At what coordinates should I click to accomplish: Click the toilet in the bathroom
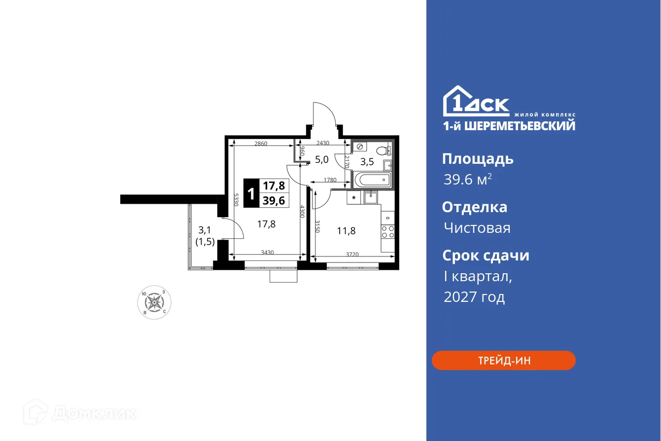tap(382, 150)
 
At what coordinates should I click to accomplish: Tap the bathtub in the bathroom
tap(372, 180)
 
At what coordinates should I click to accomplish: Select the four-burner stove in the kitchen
tap(388, 232)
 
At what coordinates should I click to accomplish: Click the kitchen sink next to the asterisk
tap(371, 197)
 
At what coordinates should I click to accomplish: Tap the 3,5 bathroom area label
tap(367, 161)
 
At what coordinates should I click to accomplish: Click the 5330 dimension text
tap(237, 200)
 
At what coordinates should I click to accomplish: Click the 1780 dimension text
tap(330, 180)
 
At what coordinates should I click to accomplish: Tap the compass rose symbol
tap(154, 302)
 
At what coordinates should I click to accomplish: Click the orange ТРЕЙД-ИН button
tap(503, 361)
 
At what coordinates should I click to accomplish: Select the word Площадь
tap(477, 159)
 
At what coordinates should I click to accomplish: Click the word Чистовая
tap(477, 228)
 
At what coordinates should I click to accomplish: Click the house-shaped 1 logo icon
tap(456, 102)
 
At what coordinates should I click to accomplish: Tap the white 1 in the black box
tap(251, 193)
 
